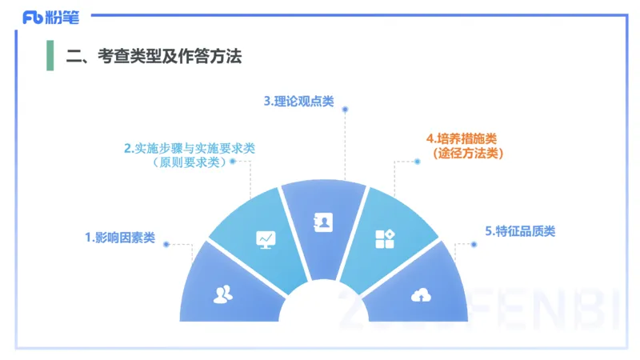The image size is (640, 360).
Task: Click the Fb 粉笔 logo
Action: (x=50, y=17)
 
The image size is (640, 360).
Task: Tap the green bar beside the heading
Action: (x=50, y=55)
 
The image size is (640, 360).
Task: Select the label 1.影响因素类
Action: (x=120, y=238)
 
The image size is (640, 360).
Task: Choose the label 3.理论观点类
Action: (x=299, y=102)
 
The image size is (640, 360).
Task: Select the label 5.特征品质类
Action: (x=520, y=231)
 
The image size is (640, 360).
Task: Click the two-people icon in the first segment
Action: (x=223, y=294)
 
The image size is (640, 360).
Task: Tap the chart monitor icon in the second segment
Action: (x=266, y=238)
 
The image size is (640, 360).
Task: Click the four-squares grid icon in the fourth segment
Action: (x=385, y=238)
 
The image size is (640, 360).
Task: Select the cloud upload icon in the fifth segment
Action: (x=420, y=295)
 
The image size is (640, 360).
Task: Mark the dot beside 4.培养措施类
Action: (x=418, y=161)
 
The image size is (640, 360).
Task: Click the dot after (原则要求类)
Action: (x=233, y=161)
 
